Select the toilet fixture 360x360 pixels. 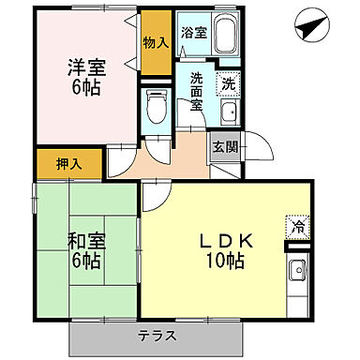pyautogui.click(x=155, y=109)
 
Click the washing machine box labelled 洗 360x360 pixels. pyautogui.click(x=229, y=83)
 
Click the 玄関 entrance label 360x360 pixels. pyautogui.click(x=224, y=147)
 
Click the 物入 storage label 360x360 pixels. pyautogui.click(x=156, y=43)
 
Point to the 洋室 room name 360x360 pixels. pyautogui.click(x=83, y=67)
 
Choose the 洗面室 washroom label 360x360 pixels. pyautogui.click(x=196, y=92)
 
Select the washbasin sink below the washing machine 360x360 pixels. pyautogui.click(x=228, y=114)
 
